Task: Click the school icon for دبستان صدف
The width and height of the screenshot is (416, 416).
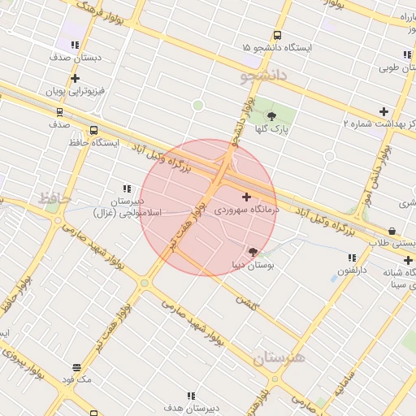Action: point(76,46)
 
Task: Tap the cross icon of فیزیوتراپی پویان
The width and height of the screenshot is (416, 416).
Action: point(76,79)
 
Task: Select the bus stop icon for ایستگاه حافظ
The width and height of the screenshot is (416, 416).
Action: point(94,130)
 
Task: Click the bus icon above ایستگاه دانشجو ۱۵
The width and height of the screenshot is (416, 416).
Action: point(277,35)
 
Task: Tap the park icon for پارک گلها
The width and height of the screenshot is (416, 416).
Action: point(271,115)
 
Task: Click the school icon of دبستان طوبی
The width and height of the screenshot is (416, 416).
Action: point(406,55)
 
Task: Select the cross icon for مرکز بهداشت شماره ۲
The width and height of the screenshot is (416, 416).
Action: point(383,111)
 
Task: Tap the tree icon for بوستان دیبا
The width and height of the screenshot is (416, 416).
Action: point(253,251)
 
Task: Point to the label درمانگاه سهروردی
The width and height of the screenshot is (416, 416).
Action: point(247,210)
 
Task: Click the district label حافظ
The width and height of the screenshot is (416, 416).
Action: point(54,197)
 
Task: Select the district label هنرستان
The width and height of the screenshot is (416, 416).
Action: point(277,358)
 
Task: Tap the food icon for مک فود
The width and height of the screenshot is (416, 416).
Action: point(76,367)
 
